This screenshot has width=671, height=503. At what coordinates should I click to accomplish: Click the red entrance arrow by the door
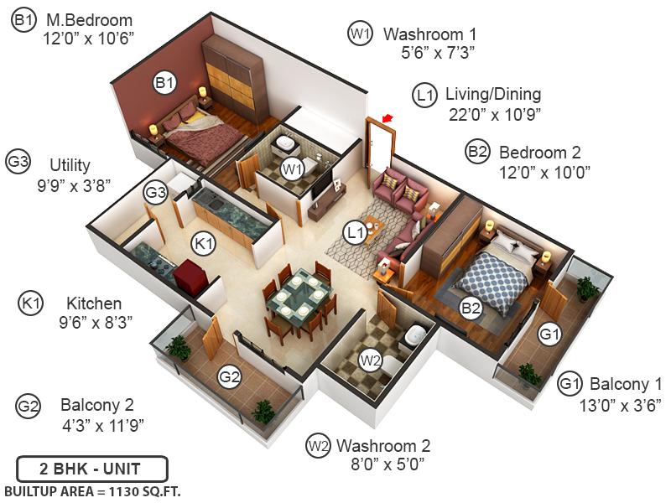387,119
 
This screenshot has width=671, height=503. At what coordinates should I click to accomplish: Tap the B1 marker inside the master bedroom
164,82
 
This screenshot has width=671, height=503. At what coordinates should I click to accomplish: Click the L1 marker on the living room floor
356,229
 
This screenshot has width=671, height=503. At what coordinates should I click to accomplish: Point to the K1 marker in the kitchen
203,243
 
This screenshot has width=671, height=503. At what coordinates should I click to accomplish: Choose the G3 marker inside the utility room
156,192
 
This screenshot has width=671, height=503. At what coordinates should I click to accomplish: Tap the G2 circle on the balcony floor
230,377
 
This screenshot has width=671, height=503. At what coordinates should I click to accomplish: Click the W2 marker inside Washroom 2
371,361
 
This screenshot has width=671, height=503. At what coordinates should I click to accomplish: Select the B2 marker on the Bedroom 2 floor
471,308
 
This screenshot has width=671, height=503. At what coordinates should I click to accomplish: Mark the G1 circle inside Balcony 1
549,335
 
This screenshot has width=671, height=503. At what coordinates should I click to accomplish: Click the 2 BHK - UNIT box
91,469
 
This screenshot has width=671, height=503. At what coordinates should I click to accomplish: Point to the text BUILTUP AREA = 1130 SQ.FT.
91,490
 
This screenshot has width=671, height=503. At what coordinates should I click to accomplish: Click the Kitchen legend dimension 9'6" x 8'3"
94,320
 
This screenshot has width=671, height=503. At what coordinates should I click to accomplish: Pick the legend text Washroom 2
383,444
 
